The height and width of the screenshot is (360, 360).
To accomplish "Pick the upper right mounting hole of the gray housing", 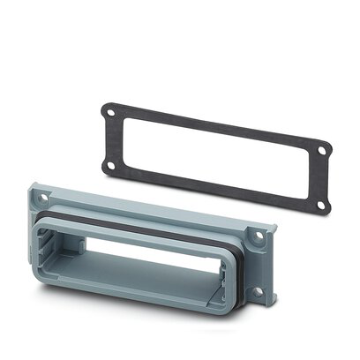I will pyautogui.click(x=259, y=236).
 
